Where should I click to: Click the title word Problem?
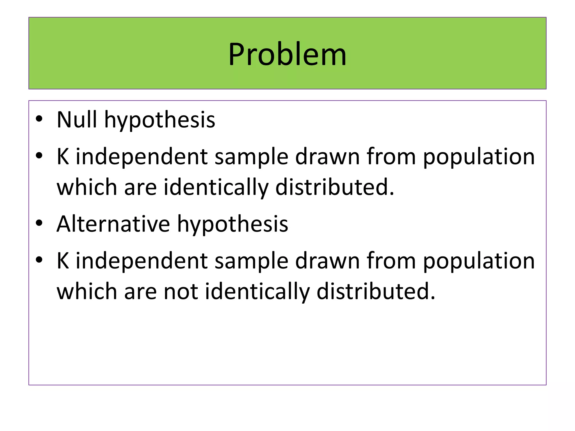click(x=287, y=54)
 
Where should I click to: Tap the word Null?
click(x=77, y=120)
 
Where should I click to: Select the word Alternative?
click(x=113, y=224)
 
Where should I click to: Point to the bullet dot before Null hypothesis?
click(x=39, y=119)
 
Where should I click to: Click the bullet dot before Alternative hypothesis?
click(x=39, y=223)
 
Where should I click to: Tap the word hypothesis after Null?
click(x=159, y=121)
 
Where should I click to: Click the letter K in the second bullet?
click(x=63, y=156)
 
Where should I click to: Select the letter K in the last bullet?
click(x=63, y=261)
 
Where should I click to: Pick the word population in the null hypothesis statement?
click(x=479, y=157)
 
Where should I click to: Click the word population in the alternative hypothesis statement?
click(x=479, y=262)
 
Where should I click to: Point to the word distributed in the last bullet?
click(x=376, y=291)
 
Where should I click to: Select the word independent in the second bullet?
click(x=142, y=157)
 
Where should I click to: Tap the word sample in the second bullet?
click(x=251, y=157)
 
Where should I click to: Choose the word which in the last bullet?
click(x=87, y=291)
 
